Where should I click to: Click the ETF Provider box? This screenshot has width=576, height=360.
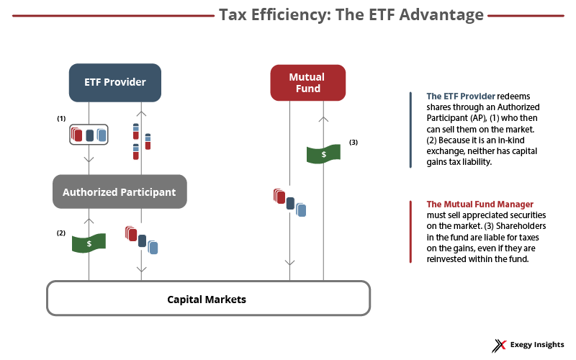click(114, 82)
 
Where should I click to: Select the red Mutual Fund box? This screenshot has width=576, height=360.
click(307, 82)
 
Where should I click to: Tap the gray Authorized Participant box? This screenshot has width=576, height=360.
click(119, 192)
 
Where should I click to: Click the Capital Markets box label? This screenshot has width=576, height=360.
click(207, 299)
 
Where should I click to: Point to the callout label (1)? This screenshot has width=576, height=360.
click(61, 117)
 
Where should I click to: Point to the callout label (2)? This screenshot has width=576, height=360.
click(61, 233)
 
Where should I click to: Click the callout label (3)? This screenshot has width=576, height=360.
click(354, 143)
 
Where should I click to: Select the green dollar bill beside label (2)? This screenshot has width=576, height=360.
click(89, 243)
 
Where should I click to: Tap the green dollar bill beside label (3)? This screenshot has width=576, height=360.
click(323, 154)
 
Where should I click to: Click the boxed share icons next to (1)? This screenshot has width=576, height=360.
click(89, 135)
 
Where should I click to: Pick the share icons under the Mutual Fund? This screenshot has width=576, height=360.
click(289, 202)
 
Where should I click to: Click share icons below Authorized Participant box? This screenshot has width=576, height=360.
click(141, 240)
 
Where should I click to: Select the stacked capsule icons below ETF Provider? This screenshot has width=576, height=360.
click(141, 141)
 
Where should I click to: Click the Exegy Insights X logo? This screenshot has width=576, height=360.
click(498, 346)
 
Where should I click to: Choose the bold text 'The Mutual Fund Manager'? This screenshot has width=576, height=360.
click(480, 204)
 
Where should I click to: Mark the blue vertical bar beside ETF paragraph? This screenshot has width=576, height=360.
click(410, 130)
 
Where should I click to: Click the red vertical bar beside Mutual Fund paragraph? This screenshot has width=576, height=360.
click(410, 231)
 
